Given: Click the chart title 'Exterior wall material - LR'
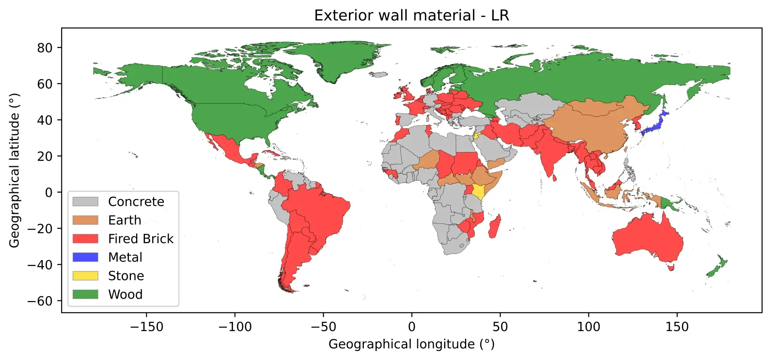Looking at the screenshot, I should (411, 16).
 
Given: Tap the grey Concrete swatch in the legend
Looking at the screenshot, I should (85, 201).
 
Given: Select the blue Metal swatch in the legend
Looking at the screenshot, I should (85, 257).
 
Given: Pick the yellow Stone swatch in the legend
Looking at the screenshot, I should (85, 276).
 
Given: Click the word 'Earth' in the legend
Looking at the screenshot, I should (124, 220).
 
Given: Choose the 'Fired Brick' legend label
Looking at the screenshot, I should (141, 239).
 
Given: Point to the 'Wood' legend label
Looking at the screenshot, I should (125, 295).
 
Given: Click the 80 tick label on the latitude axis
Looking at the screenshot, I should (45, 48).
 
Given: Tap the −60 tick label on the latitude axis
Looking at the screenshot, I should (40, 301).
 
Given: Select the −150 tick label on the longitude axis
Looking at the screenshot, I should (146, 327).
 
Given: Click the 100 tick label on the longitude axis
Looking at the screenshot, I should (588, 327).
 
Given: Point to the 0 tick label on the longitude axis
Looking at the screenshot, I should (412, 327).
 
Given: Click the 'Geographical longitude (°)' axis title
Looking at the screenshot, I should (411, 344).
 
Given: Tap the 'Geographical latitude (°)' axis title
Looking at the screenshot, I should (14, 170).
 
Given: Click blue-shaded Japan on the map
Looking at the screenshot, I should (655, 127).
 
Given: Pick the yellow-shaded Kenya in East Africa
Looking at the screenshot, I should (478, 191).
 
